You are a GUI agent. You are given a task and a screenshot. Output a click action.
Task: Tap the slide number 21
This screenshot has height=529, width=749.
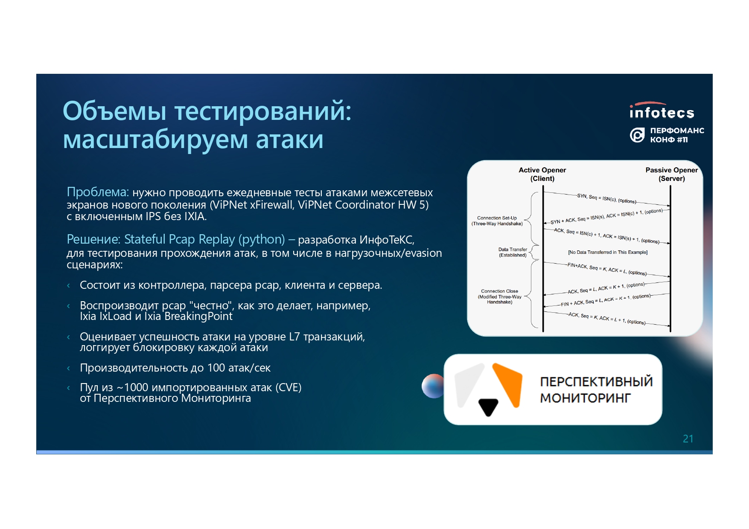[x=688, y=439]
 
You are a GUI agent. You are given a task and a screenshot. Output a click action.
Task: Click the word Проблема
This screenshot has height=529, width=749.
[x=98, y=192]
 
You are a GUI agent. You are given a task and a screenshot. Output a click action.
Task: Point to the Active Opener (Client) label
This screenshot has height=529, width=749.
[x=542, y=174]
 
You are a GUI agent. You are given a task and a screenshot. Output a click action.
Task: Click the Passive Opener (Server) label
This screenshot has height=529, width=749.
[x=672, y=174]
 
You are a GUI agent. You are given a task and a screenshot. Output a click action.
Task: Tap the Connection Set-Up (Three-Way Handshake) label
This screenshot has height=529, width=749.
[x=497, y=221]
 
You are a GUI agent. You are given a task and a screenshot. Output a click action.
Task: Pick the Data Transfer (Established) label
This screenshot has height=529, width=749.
[x=513, y=252]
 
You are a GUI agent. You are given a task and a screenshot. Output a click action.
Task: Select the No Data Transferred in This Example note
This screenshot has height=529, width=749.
[x=608, y=252]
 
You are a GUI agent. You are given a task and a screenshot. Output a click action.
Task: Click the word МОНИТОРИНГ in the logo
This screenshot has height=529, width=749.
[x=586, y=398]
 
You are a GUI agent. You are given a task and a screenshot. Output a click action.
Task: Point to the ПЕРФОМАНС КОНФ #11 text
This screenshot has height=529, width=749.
[x=677, y=135]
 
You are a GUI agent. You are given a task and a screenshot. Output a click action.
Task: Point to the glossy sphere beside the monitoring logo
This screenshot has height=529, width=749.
[x=432, y=386]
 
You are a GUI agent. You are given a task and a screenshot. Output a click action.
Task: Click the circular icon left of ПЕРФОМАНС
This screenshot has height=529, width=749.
[x=637, y=135]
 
